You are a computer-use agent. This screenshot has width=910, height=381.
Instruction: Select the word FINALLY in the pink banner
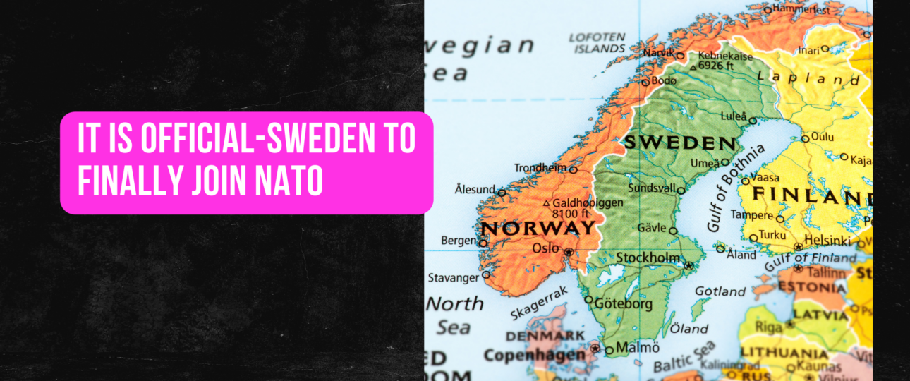(x=120, y=181)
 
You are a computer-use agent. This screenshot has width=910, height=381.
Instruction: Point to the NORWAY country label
(x=538, y=228)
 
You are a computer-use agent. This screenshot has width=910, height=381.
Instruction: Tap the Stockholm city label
(x=648, y=258)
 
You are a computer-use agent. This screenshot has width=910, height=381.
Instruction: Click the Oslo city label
(x=545, y=248)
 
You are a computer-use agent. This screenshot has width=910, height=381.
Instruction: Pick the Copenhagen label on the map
(x=535, y=354)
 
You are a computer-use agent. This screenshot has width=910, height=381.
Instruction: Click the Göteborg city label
(x=624, y=305)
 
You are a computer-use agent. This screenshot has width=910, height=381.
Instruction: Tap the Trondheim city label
(x=540, y=168)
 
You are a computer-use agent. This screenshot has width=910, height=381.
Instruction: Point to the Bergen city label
(x=459, y=241)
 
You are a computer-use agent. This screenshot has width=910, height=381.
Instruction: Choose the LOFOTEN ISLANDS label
(x=597, y=43)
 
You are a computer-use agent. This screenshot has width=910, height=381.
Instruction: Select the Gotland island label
(x=720, y=291)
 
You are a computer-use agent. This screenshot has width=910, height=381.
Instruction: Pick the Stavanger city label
(x=453, y=278)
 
